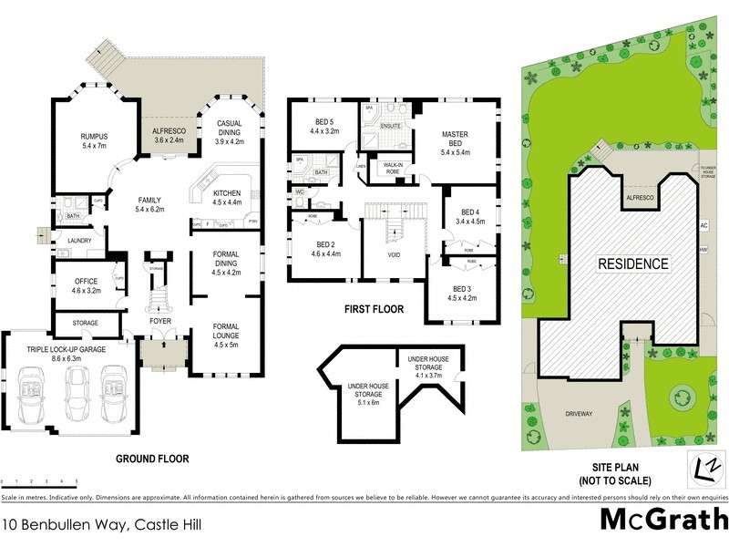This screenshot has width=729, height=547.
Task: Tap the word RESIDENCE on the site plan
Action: coord(632,264)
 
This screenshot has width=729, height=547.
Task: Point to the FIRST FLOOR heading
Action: coord(375,310)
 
